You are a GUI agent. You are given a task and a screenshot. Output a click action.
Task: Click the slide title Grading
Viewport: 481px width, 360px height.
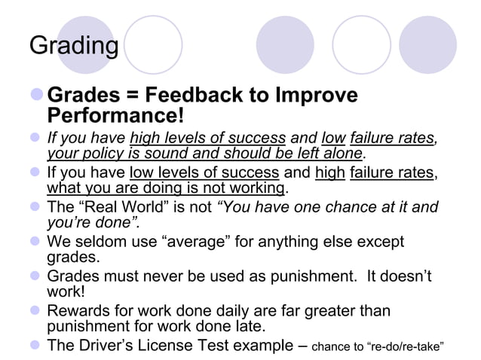[73, 47]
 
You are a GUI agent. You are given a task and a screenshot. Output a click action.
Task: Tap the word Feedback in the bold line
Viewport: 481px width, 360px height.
[193, 96]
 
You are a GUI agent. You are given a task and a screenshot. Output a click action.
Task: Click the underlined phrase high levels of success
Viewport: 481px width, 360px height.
[207, 138]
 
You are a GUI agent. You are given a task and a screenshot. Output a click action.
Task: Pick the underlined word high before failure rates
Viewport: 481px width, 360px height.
[329, 172]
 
